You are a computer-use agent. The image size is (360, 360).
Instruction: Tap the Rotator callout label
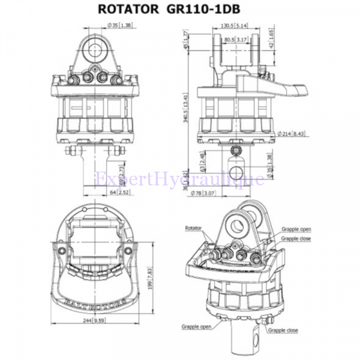[194, 228]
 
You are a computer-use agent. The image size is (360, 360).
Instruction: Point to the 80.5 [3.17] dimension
[235, 40]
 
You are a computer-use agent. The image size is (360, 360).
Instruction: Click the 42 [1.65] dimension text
[271, 38]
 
